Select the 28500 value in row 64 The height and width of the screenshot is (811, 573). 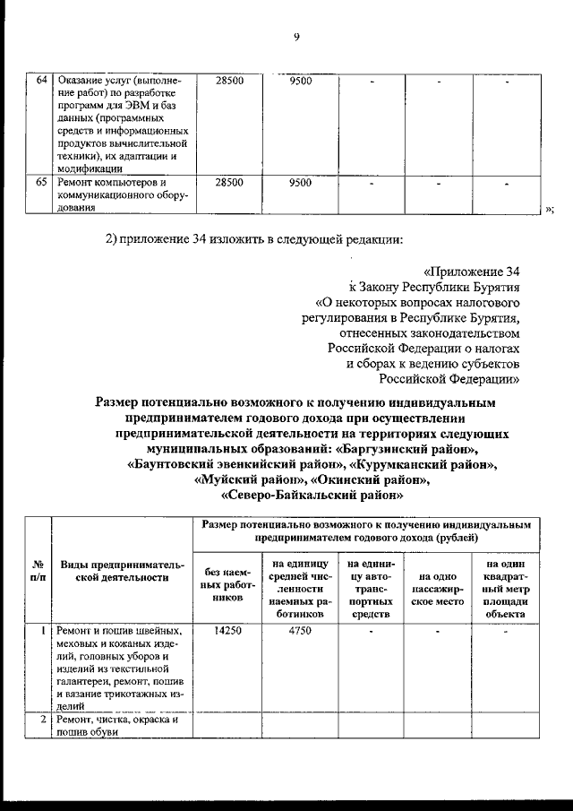229,82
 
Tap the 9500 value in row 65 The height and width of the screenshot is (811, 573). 301,183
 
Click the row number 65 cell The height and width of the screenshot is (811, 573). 41,183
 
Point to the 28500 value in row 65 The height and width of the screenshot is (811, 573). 229,183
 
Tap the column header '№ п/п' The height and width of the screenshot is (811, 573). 38,571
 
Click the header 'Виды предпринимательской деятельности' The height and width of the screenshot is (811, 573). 122,571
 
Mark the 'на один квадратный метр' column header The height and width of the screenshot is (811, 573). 506,589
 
